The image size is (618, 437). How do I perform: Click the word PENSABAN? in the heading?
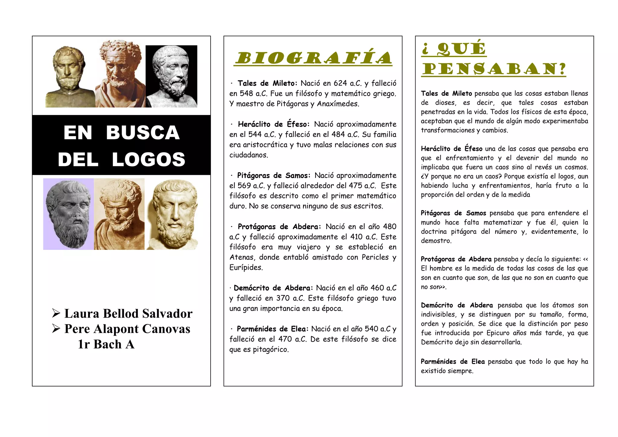click(494, 69)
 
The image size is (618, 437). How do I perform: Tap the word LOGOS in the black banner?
click(148, 160)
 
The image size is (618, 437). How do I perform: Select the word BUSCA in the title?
click(143, 132)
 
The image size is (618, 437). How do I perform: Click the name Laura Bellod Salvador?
click(128, 314)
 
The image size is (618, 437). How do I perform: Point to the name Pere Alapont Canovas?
click(127, 329)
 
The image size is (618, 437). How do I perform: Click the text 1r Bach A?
click(106, 344)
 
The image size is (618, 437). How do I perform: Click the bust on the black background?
click(171, 76)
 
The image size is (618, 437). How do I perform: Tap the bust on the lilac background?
click(68, 214)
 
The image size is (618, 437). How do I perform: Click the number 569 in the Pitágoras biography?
click(244, 186)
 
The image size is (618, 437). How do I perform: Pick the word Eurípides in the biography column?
click(246, 268)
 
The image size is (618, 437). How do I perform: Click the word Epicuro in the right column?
click(498, 333)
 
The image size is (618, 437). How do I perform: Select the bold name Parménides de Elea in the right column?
click(453, 362)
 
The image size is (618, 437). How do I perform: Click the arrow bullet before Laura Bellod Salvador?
click(56, 313)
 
